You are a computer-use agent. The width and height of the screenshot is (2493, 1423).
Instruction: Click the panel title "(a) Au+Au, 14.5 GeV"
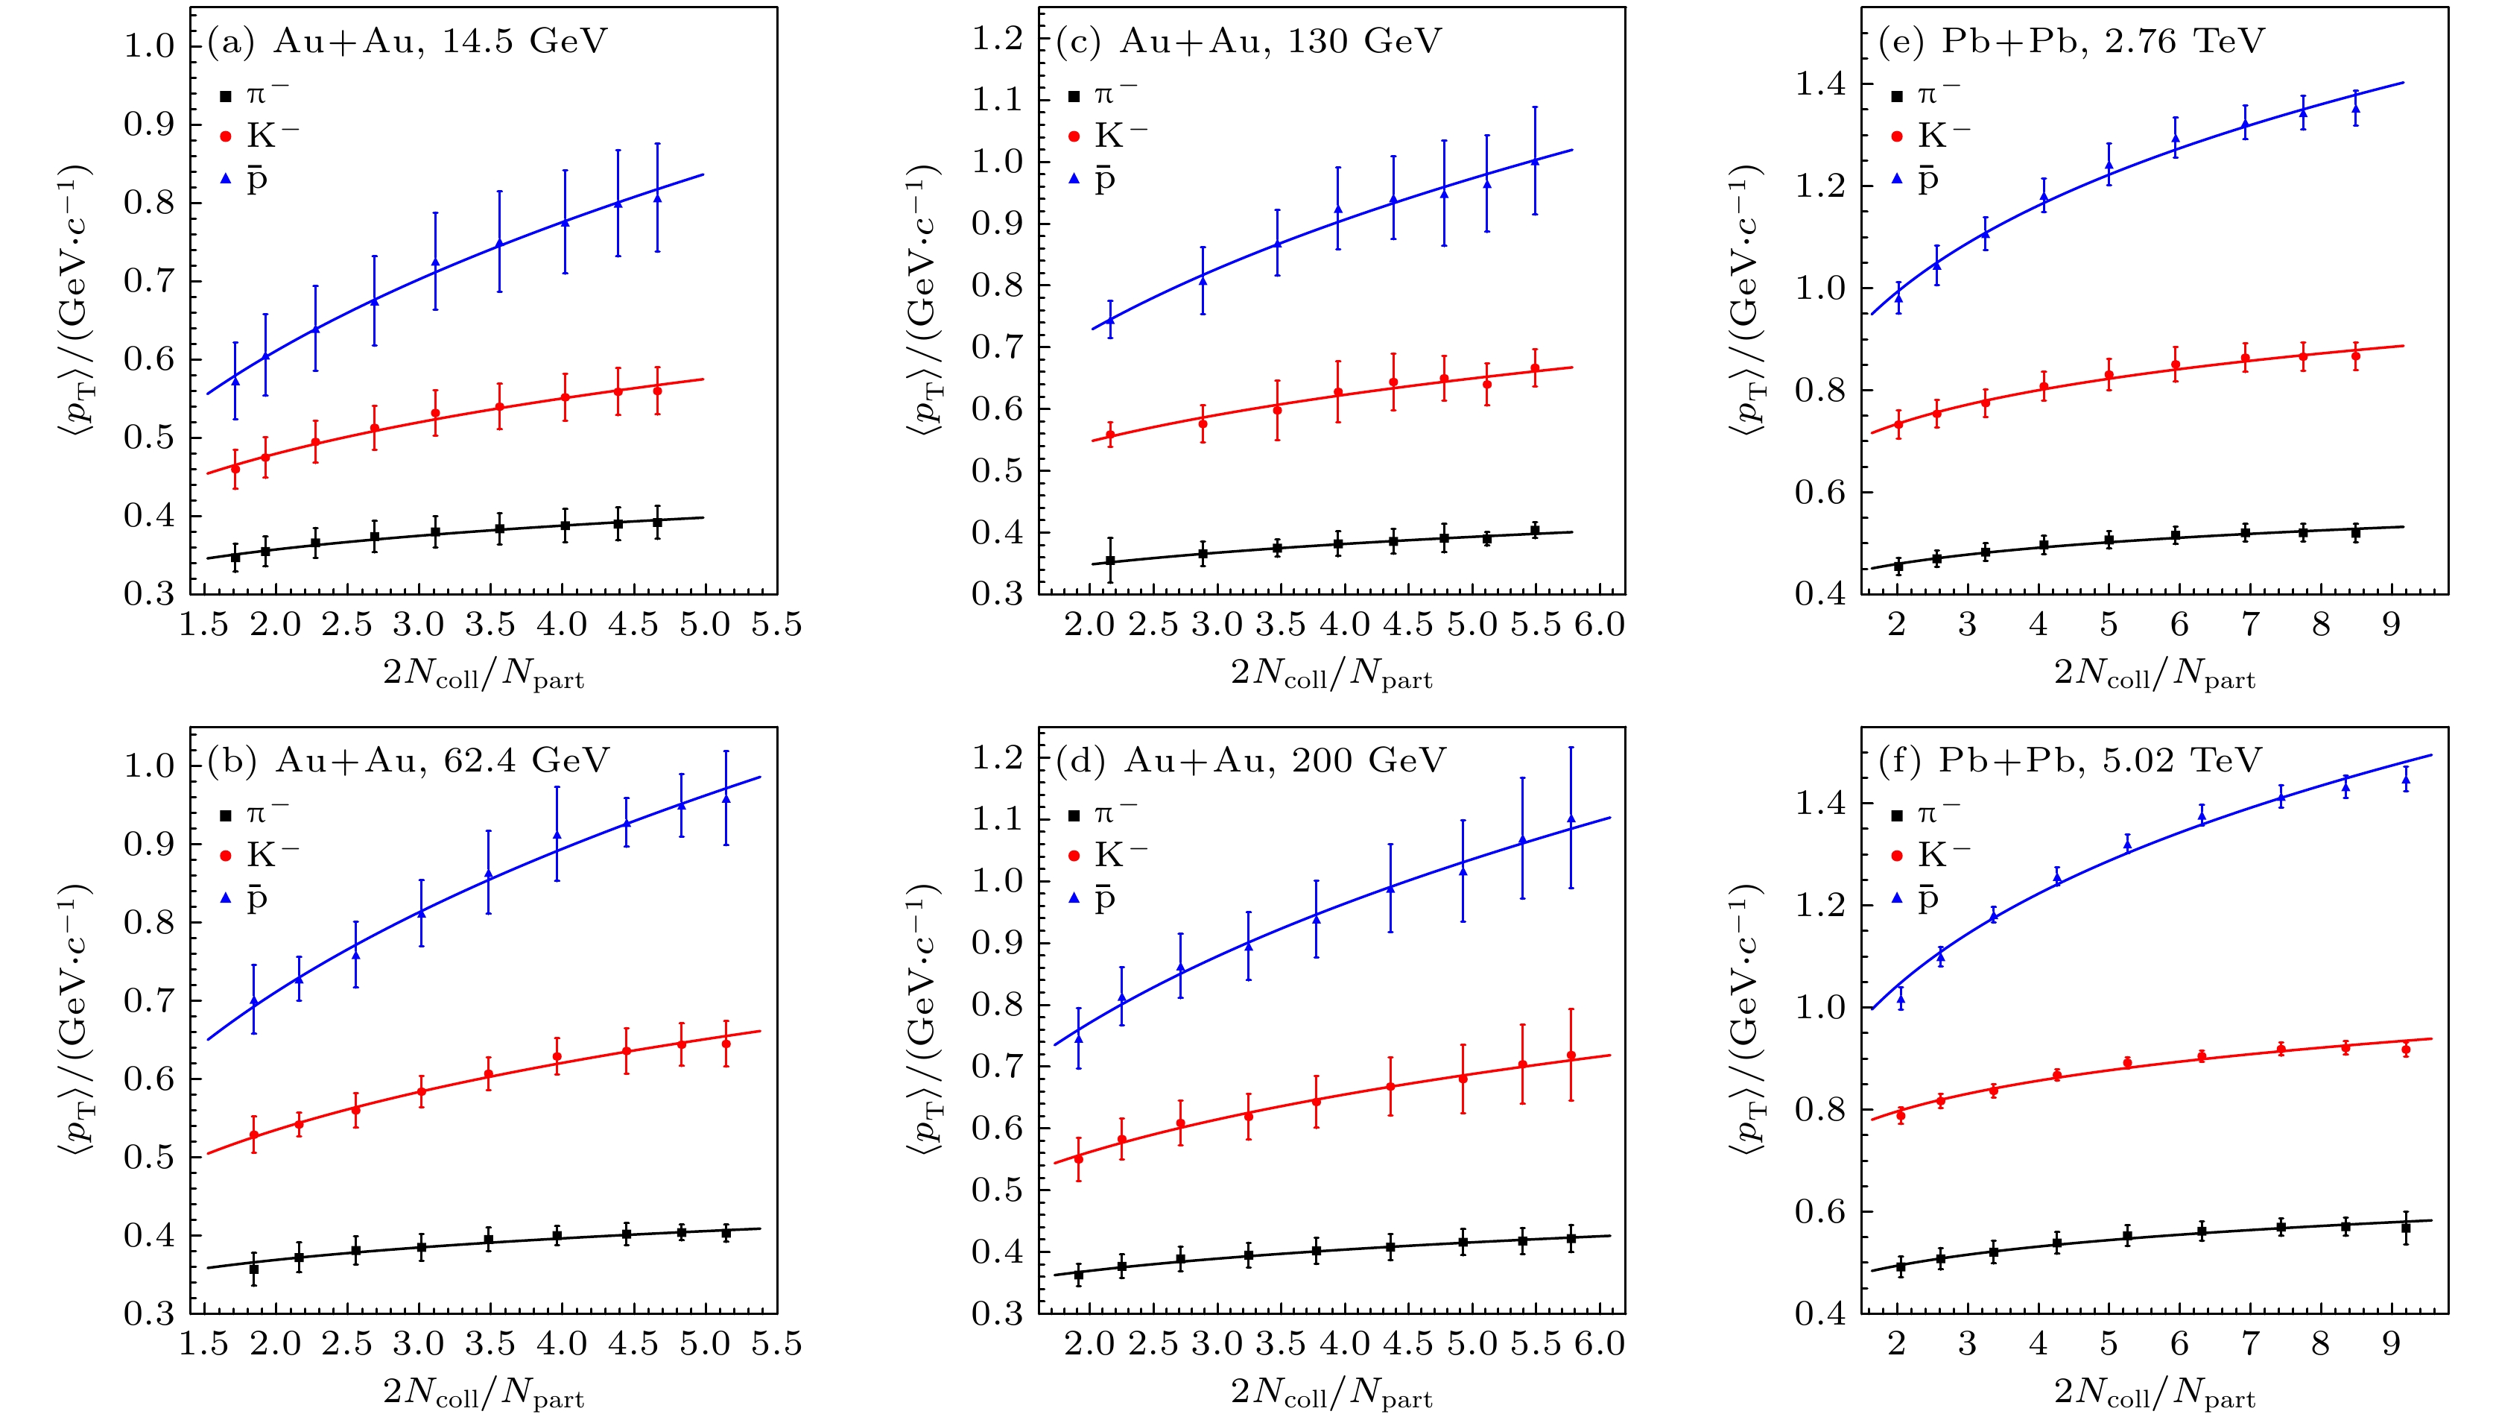tap(408, 41)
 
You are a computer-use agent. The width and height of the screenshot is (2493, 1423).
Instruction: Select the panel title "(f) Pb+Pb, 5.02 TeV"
tap(2070, 760)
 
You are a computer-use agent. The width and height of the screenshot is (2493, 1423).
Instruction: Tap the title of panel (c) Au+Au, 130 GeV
tap(1249, 41)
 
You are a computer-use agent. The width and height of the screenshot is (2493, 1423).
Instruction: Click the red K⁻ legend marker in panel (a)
tap(226, 136)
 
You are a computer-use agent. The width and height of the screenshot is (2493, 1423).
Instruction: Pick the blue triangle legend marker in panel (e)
tap(1897, 179)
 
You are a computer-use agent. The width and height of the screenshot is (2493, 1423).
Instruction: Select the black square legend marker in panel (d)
tap(1074, 815)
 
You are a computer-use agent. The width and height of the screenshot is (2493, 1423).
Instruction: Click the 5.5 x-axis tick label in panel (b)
tap(776, 1344)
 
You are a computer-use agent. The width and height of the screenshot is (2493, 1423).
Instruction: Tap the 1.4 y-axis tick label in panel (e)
tap(1821, 84)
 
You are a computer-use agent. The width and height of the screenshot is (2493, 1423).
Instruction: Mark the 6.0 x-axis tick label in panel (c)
tap(1599, 625)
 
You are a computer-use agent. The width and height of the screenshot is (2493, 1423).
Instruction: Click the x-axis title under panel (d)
tap(1331, 1392)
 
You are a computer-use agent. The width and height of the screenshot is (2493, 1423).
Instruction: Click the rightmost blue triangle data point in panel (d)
tap(1571, 819)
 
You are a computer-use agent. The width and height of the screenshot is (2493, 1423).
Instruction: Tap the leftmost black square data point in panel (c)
tap(1109, 561)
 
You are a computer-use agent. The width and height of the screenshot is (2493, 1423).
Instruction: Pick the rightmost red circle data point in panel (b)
tap(726, 1044)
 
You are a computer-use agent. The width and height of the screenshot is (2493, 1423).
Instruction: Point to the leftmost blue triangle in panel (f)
tap(1901, 998)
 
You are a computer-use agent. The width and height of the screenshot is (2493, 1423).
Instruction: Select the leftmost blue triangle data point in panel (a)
tap(235, 380)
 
